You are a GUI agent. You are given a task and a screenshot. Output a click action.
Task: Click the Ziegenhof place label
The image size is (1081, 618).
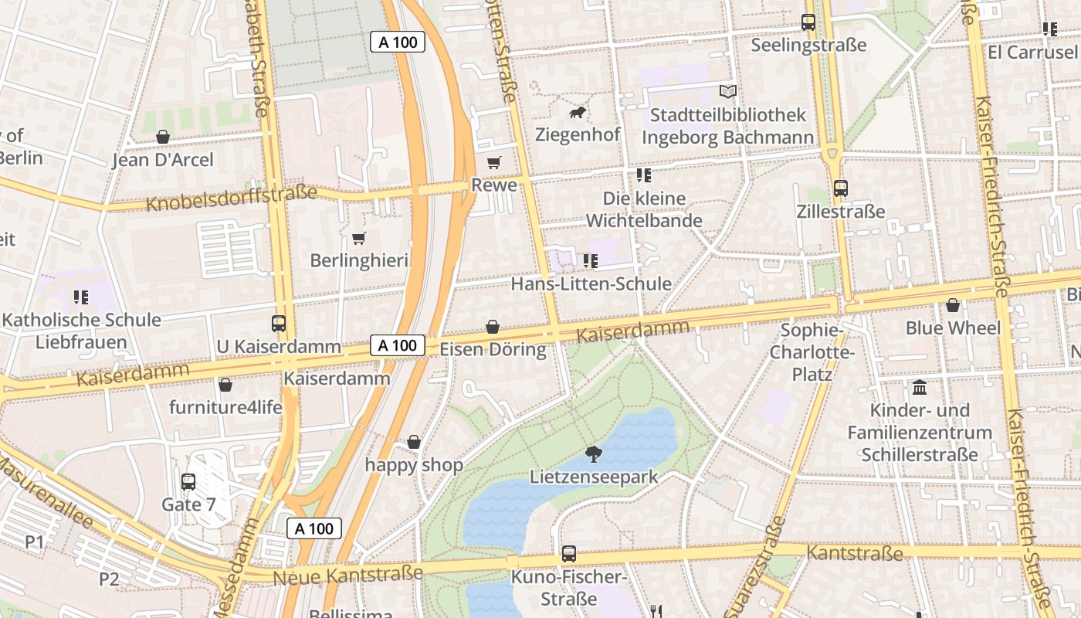tap(578, 134)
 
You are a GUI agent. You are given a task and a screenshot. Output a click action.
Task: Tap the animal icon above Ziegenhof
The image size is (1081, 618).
tap(578, 114)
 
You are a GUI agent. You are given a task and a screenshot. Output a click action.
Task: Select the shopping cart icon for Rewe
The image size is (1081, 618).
tap(493, 162)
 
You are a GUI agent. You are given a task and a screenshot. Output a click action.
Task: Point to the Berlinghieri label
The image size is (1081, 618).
tap(358, 260)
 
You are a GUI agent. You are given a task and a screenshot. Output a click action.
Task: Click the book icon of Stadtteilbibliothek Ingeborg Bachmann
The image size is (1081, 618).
tap(727, 92)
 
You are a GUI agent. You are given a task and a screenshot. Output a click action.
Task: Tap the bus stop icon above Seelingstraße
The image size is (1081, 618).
tap(808, 22)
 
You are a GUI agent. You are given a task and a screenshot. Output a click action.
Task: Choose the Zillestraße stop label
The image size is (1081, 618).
tap(841, 212)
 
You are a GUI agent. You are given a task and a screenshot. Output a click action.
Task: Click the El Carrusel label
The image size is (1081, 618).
tap(1032, 52)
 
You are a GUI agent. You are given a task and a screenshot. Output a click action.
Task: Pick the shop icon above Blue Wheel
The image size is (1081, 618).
tap(953, 305)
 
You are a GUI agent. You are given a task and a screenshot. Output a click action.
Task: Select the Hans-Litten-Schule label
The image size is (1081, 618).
tap(591, 284)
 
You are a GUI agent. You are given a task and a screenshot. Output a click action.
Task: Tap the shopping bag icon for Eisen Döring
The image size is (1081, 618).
tap(493, 327)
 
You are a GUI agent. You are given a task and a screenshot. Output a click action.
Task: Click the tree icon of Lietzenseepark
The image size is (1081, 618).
tap(593, 453)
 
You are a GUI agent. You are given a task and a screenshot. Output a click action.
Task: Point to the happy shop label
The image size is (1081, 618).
tap(414, 464)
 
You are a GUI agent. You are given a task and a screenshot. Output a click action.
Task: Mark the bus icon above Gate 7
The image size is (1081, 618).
tap(188, 482)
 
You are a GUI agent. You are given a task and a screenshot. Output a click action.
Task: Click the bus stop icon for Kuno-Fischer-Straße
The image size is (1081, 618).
tap(569, 553)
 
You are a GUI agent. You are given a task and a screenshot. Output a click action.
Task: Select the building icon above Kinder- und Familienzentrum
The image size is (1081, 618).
tap(920, 387)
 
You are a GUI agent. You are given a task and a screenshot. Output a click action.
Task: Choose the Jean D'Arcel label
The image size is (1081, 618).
tap(163, 160)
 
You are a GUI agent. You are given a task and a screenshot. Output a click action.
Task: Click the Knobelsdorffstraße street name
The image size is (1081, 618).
tap(232, 199)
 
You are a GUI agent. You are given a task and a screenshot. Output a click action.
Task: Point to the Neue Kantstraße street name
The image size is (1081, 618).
tap(347, 575)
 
